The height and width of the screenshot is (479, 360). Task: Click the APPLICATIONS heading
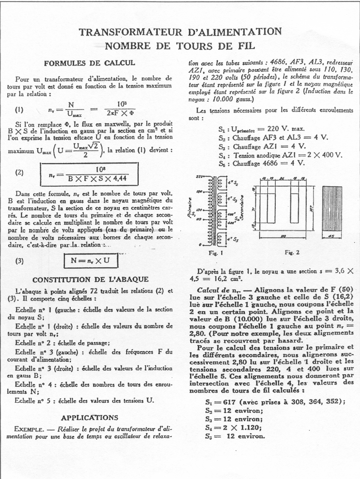click(x=90, y=417)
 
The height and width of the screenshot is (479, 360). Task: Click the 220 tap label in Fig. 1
click(x=198, y=176)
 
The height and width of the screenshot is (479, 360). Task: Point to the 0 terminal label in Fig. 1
click(x=200, y=244)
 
